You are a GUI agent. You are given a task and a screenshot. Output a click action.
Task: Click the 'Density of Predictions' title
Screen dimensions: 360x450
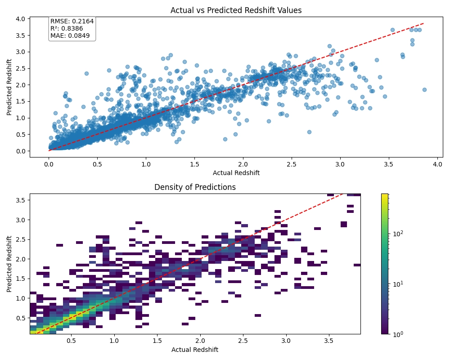[195, 187]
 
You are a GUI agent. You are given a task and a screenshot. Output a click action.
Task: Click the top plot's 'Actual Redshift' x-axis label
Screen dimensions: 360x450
[236, 173]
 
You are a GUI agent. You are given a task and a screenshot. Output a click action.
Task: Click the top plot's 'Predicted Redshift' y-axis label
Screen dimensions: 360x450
[9, 87]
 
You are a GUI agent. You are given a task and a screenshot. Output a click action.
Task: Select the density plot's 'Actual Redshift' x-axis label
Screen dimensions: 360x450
[195, 350]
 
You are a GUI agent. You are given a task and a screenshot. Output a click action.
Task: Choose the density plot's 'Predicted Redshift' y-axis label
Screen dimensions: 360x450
[9, 264]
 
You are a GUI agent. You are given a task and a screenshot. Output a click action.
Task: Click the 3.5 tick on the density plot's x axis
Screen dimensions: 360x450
[328, 341]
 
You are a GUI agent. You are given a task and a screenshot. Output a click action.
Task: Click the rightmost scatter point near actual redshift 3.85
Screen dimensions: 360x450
[424, 90]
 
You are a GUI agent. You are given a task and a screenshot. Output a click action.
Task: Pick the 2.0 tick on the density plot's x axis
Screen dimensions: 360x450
[200, 341]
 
